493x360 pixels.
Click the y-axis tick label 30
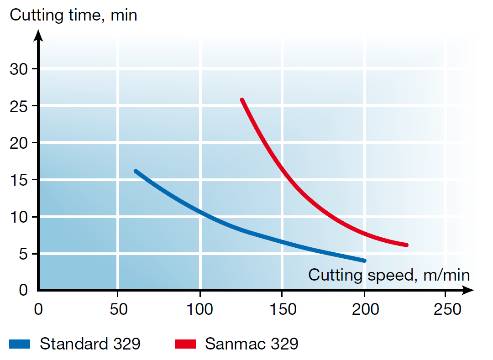pos(20,69)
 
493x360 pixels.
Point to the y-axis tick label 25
pos(20,106)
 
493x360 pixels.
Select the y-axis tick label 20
pos(20,143)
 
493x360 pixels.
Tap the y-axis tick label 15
pos(20,180)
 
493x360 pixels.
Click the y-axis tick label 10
pos(20,217)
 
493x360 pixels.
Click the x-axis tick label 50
pos(118,309)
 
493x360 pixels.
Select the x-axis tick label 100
pos(200,309)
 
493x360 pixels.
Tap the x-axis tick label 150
pos(282,309)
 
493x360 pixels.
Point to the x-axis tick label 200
pos(365,309)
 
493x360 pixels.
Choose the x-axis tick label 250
pos(447,309)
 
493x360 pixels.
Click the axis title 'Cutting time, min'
pos(73,15)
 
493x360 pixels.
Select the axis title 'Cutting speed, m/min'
pos(389,275)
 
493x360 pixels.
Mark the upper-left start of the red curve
pos(242,100)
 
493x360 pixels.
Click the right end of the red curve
pos(406,245)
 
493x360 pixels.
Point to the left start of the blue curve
pos(136,171)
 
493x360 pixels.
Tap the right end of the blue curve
pos(364,261)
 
